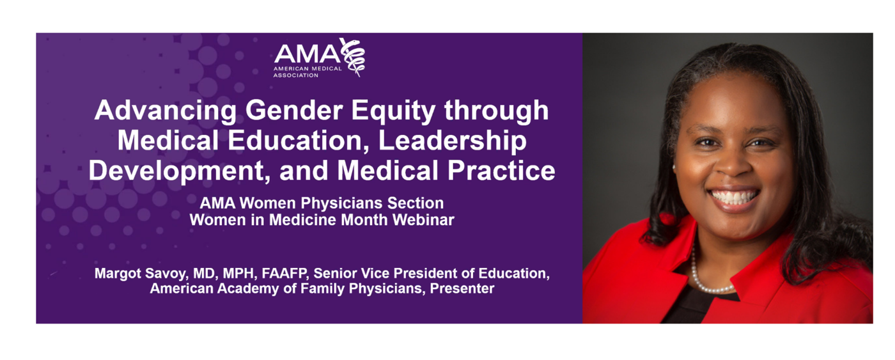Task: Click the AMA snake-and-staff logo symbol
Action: pyautogui.click(x=352, y=57)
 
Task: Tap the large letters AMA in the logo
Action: pyautogui.click(x=307, y=54)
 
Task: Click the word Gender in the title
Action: pyautogui.click(x=294, y=110)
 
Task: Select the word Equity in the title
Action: pyautogui.click(x=393, y=111)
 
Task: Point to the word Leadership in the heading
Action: pyautogui.click(x=453, y=141)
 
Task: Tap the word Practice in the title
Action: pyautogui.click(x=501, y=171)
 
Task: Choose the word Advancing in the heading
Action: pyautogui.click(x=166, y=111)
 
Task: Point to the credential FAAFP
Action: pyautogui.click(x=285, y=274)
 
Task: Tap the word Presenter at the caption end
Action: pyautogui.click(x=462, y=288)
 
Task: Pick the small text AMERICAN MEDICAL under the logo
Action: pyautogui.click(x=307, y=68)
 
